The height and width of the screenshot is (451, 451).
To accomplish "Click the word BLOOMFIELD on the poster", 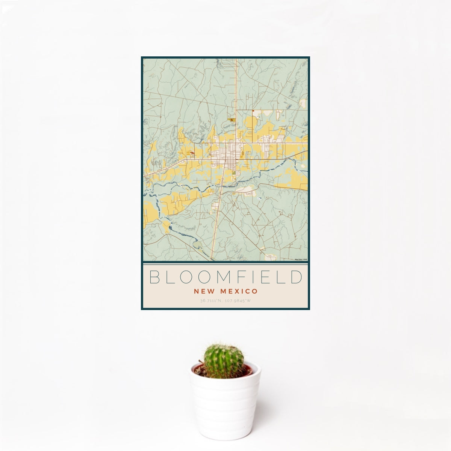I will coord(225,277).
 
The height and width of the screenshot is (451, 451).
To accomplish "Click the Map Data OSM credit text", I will coord(301,259).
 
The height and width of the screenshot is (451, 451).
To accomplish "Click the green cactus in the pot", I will coord(224,361).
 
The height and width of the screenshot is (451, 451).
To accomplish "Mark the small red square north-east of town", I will coord(253,110).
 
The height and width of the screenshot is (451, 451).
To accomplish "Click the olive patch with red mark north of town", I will coord(232,120).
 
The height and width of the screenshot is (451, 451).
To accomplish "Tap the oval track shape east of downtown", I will coord(244,154).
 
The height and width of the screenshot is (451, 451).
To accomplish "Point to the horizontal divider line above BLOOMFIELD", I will coord(225,264).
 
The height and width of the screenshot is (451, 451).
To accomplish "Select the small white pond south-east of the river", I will coord(259,198).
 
